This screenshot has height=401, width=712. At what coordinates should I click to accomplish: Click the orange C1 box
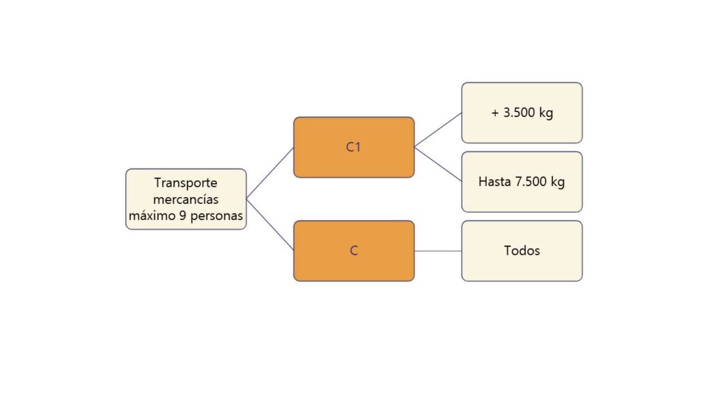point(354,148)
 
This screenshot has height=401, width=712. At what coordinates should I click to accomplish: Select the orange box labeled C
point(354,251)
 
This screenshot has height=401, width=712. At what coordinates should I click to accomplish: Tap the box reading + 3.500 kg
point(521,113)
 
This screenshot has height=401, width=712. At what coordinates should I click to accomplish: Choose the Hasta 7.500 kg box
point(521,182)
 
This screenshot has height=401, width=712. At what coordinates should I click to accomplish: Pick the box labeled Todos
point(521,251)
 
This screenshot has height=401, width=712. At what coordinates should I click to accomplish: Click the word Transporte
point(186,183)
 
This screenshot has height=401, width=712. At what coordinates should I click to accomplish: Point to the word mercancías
point(186,199)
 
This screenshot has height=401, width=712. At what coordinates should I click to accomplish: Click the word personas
point(217,217)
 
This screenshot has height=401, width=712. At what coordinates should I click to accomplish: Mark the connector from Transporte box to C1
point(270,173)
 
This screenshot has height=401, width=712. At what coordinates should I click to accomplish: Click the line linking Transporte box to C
point(270,225)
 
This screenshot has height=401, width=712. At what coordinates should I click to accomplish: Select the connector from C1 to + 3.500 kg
point(438,130)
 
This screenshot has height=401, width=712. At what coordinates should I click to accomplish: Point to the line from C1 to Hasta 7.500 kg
point(438,164)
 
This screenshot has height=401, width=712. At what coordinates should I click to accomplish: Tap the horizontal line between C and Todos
point(438,251)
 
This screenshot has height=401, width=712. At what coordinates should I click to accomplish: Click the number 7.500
point(531,182)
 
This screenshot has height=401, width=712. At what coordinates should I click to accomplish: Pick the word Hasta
point(494,182)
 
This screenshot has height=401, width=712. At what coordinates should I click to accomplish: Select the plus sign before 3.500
point(495,113)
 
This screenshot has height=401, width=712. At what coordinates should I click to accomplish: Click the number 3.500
point(519,112)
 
